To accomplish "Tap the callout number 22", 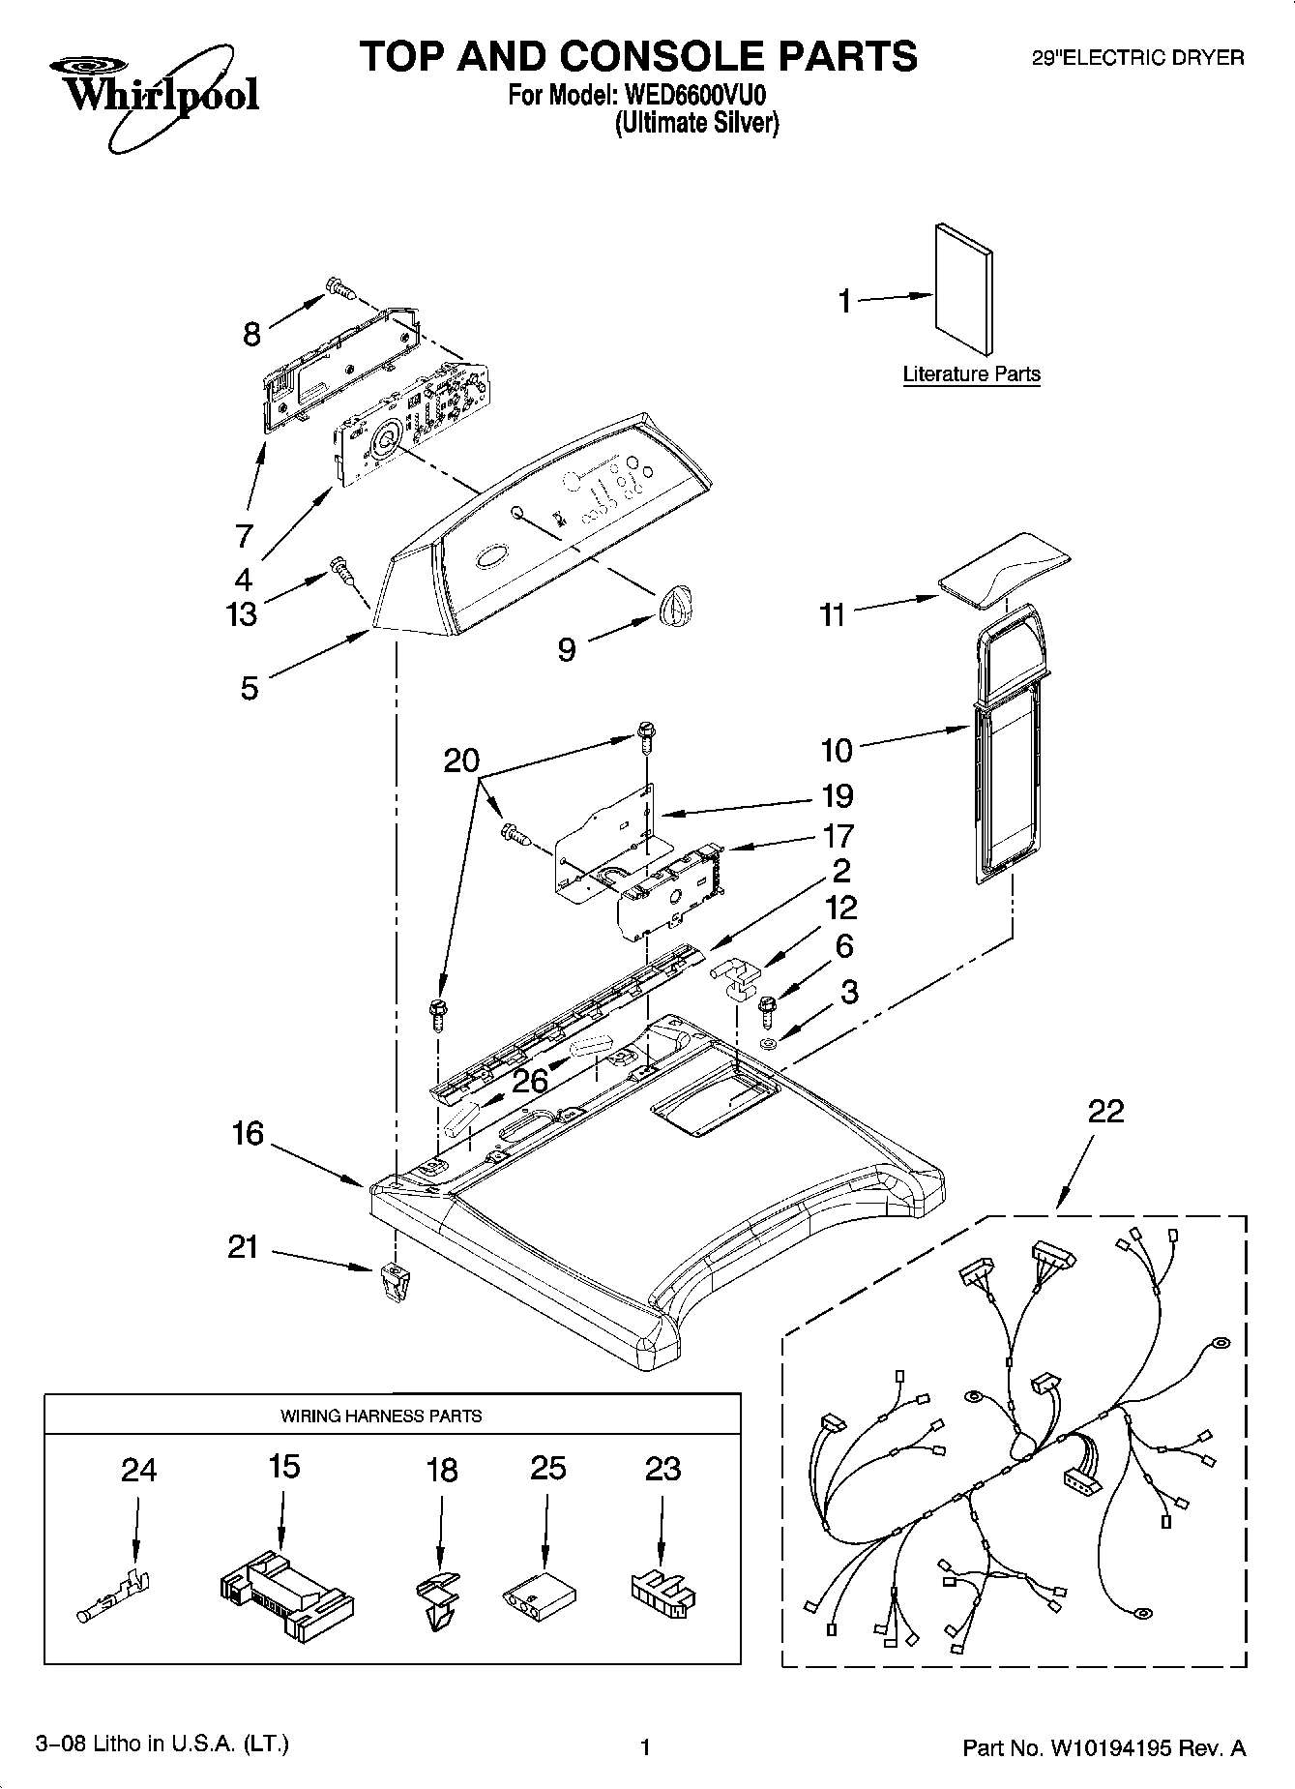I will coord(1105,1111).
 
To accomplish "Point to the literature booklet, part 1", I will coord(963,290).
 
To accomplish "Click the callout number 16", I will coord(248,1132).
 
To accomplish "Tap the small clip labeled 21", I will coord(390,1281).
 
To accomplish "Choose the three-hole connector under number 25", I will coord(540,1595).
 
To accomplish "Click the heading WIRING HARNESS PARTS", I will coord(381,1415).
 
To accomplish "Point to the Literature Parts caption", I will coord(971,373).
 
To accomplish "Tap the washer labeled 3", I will coord(769,1043).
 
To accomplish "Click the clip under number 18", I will coord(441,1596).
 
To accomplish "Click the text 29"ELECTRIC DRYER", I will coord(1137,58).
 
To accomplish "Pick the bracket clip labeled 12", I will coord(737,974).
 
